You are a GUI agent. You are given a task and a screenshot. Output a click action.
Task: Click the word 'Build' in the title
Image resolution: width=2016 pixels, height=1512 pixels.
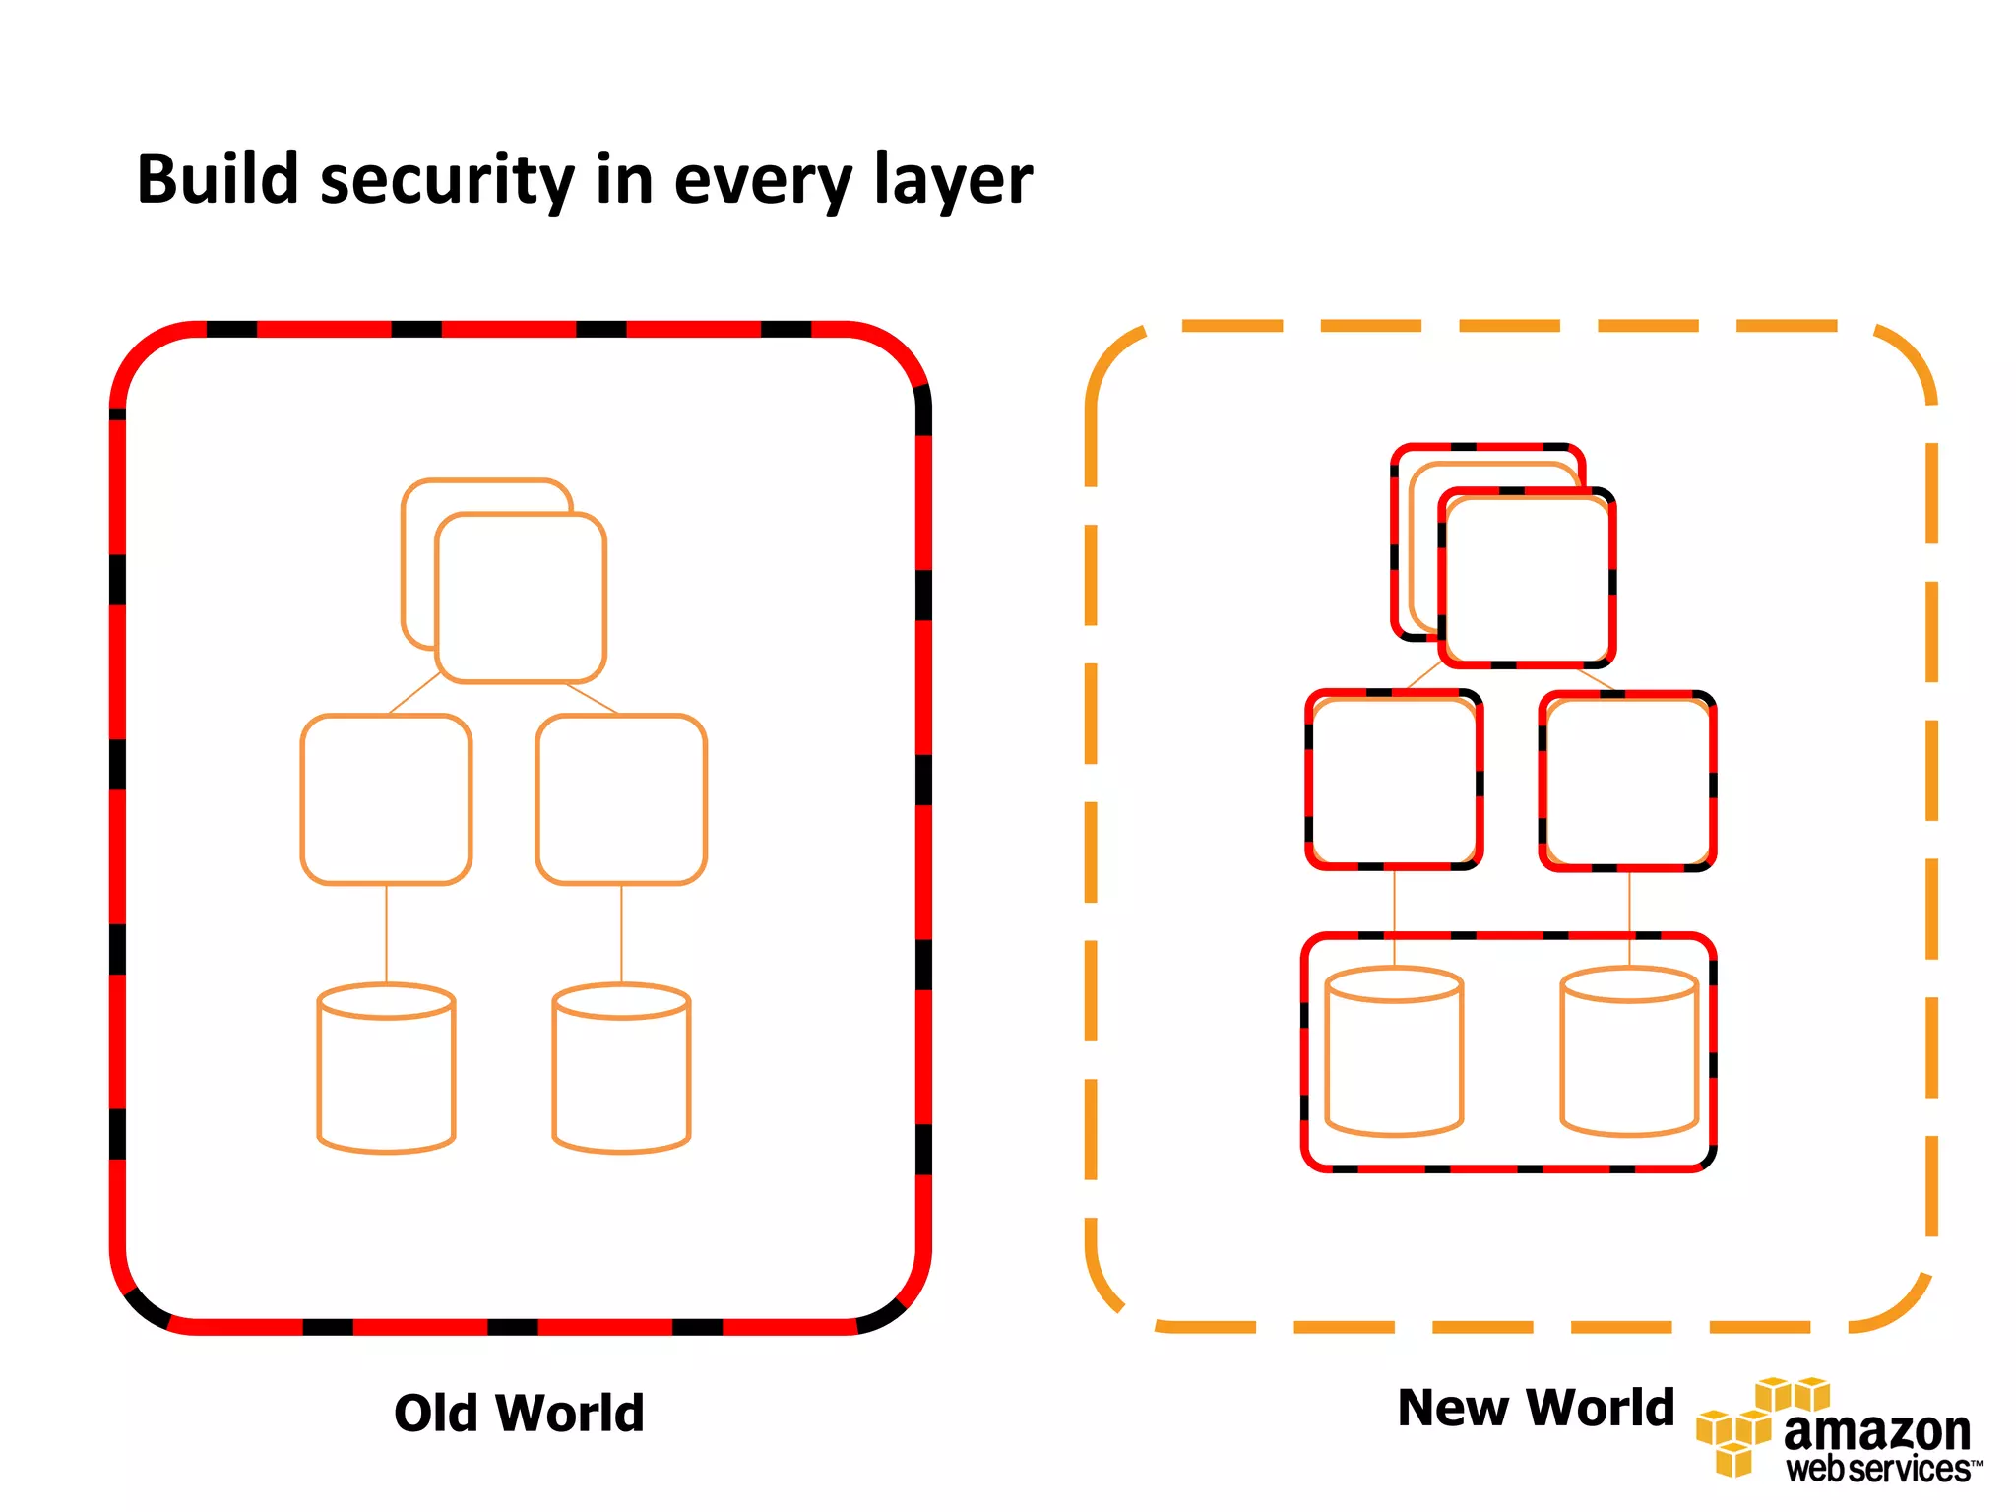[x=218, y=180]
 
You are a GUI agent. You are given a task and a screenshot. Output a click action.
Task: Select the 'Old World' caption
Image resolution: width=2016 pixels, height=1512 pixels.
[x=519, y=1413]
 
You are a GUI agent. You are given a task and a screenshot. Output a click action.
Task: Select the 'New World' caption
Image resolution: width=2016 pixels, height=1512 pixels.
[x=1536, y=1407]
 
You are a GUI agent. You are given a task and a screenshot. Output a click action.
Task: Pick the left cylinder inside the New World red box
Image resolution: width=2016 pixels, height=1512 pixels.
[x=1394, y=1053]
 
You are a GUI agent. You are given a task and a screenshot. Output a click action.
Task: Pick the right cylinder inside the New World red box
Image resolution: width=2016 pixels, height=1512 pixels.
[x=1629, y=1053]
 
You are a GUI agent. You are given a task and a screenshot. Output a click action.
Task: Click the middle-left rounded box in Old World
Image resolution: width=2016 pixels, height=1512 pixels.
[x=386, y=799]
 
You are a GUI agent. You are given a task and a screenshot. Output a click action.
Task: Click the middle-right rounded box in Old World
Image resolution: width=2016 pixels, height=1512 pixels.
[x=621, y=799]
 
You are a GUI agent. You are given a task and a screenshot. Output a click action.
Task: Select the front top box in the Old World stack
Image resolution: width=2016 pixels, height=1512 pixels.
[x=521, y=598]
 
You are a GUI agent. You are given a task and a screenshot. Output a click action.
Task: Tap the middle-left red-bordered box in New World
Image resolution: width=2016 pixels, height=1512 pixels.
[x=1394, y=780]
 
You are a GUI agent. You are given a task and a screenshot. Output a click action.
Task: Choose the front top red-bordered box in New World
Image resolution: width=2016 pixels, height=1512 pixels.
[x=1527, y=579]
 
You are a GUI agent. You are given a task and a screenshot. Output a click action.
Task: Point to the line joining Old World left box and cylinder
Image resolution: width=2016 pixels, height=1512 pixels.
[x=386, y=933]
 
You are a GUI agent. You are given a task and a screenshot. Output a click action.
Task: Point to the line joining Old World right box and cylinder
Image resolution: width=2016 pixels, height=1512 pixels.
[x=621, y=933]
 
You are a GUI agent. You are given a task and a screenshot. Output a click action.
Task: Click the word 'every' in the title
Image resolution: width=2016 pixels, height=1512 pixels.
[x=763, y=180]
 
